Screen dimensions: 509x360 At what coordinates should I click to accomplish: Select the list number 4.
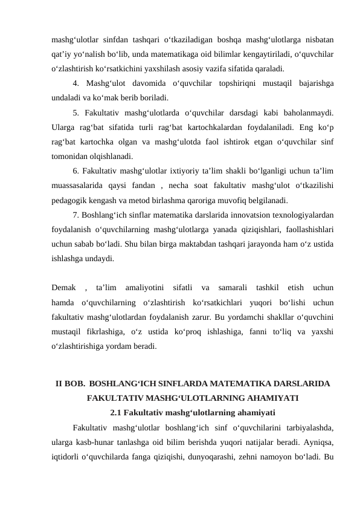click(75, 83)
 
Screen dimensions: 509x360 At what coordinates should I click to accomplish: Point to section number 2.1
click(120, 413)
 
